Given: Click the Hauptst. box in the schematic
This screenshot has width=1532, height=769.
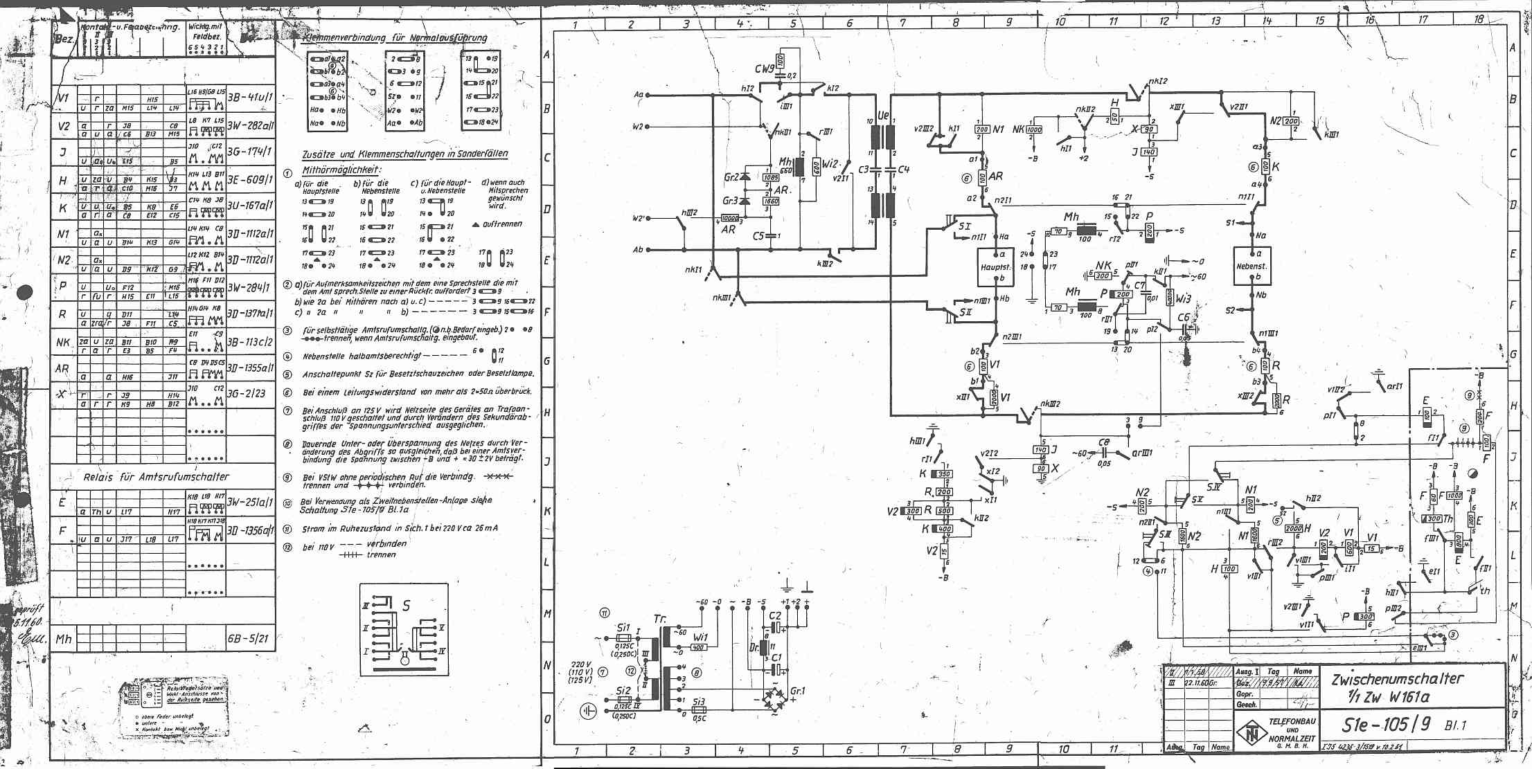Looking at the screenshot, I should [x=995, y=266].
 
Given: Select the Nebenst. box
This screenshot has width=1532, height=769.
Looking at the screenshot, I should [x=1252, y=266].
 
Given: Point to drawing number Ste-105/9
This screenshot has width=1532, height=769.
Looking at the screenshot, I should [x=1382, y=725].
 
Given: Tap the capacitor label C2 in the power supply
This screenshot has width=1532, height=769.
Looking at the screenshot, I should [x=774, y=615].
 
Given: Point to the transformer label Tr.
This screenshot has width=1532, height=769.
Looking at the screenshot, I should [x=660, y=618].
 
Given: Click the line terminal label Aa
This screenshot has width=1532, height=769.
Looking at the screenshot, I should [x=638, y=95].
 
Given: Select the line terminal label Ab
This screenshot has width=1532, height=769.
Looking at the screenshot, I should [x=638, y=250].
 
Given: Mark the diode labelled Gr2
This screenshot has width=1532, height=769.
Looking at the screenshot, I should [x=731, y=177].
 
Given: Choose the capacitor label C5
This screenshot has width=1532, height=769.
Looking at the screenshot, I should [x=759, y=236].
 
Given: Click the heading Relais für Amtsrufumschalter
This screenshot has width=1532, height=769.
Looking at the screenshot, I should [x=156, y=477].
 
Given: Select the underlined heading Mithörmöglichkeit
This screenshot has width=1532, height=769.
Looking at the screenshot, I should [x=342, y=170].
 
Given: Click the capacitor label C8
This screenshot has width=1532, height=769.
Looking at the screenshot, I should [x=1104, y=444].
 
